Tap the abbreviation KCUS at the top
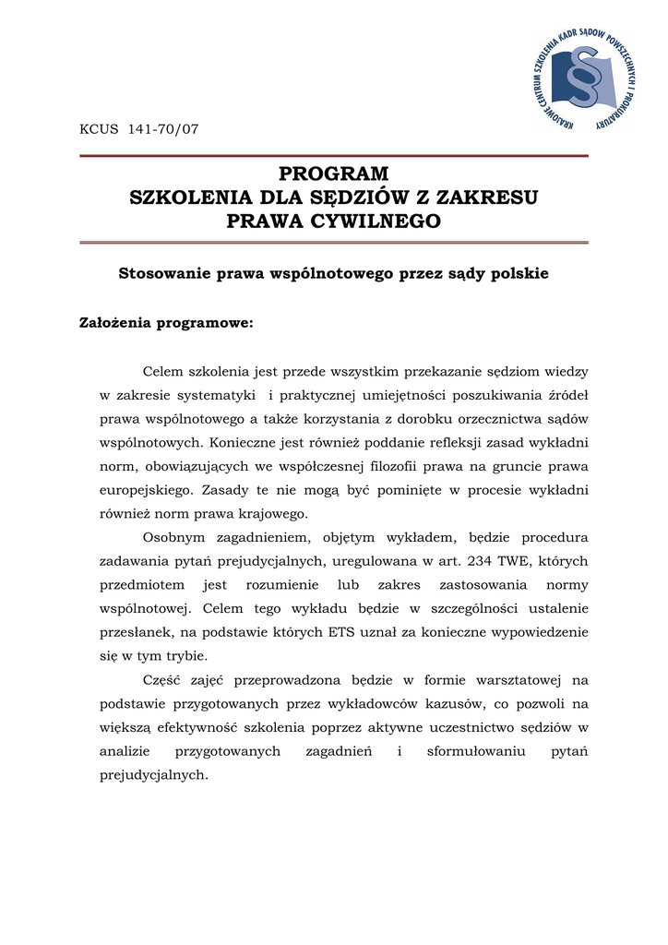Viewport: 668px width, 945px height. pyautogui.click(x=100, y=128)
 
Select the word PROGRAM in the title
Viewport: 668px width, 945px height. pyautogui.click(x=334, y=174)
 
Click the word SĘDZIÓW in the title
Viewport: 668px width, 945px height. pyautogui.click(x=352, y=197)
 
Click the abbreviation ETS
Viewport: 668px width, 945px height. pyautogui.click(x=342, y=633)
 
